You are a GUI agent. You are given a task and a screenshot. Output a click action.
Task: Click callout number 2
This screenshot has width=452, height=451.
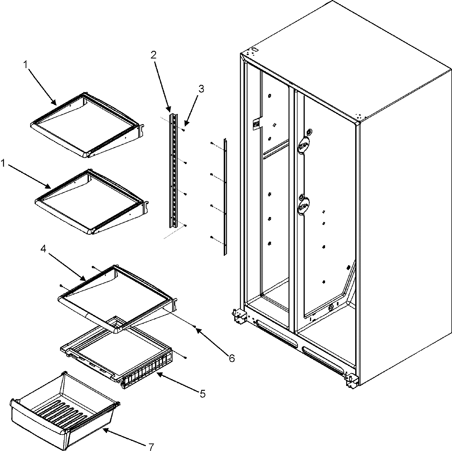click(153, 55)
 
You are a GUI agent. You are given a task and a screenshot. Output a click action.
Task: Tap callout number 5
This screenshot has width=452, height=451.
click(202, 394)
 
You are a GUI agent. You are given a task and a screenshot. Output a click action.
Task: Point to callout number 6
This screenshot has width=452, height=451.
click(231, 358)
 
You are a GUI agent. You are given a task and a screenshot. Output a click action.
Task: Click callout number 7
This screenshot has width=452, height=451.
click(151, 446)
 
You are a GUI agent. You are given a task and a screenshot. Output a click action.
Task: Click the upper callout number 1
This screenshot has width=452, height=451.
click(26, 65)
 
